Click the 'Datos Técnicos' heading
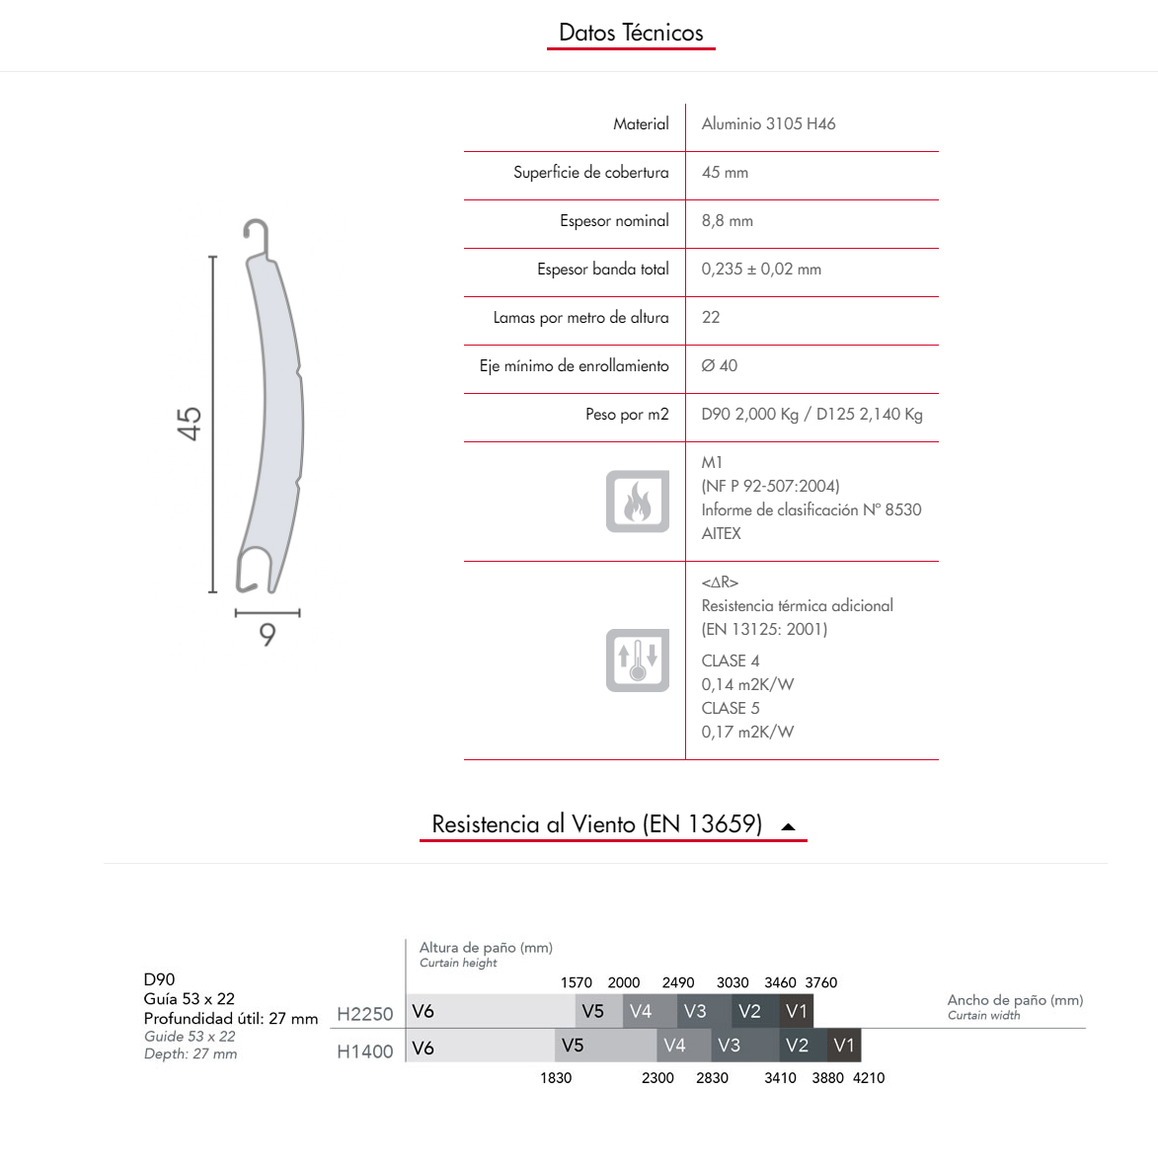point(631,33)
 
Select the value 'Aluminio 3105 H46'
point(768,124)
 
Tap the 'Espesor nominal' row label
point(614,221)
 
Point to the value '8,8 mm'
point(727,221)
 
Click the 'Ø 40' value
point(719,366)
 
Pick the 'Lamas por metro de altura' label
point(580,318)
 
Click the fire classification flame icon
point(638,502)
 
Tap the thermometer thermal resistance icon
point(638,660)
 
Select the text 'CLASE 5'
point(730,709)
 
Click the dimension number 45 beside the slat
point(190,424)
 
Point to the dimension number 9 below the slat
point(268,635)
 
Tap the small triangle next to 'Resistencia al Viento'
point(788,827)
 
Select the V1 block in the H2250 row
point(797,1012)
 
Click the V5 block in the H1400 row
point(573,1046)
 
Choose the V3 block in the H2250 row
point(695,1012)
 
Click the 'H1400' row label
point(364,1052)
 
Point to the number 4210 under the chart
point(869,1078)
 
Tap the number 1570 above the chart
point(576,983)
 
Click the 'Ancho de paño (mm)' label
point(1015,1000)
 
